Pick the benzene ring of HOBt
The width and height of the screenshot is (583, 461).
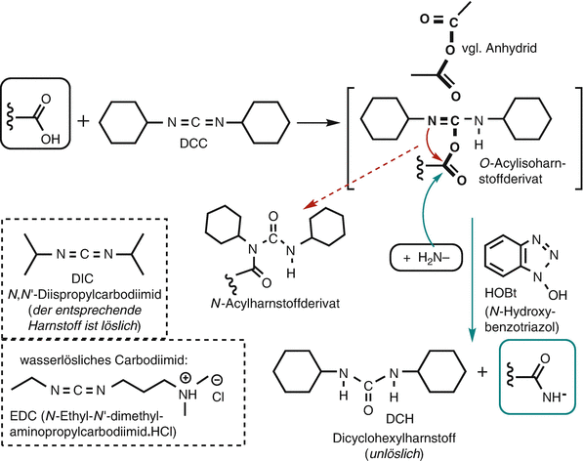point(491,234)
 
